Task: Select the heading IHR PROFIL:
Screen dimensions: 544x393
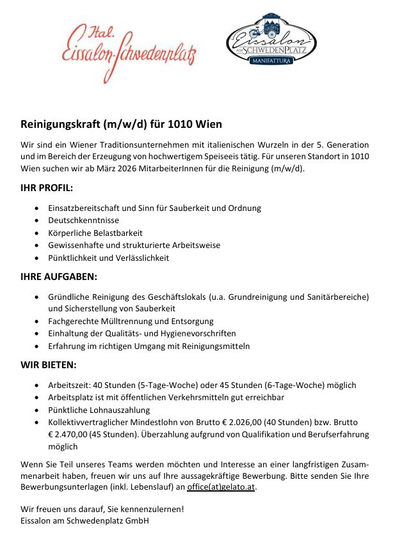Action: click(47, 189)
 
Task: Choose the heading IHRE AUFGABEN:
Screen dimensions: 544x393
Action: click(59, 277)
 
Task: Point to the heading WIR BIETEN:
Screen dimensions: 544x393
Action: click(49, 366)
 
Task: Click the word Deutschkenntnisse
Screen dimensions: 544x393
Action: click(81, 221)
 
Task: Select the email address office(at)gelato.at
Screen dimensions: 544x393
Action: click(221, 487)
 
